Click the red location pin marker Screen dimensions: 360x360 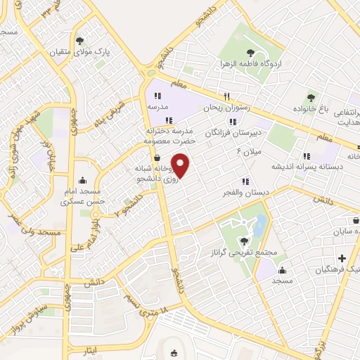coord(181,167)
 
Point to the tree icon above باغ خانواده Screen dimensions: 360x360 coord(311,97)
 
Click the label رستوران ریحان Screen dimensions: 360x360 coord(227,109)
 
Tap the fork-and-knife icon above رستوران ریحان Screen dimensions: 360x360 coord(226,97)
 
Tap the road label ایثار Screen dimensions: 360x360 coord(86,349)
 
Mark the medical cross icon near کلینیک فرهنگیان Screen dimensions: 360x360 coord(342,258)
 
